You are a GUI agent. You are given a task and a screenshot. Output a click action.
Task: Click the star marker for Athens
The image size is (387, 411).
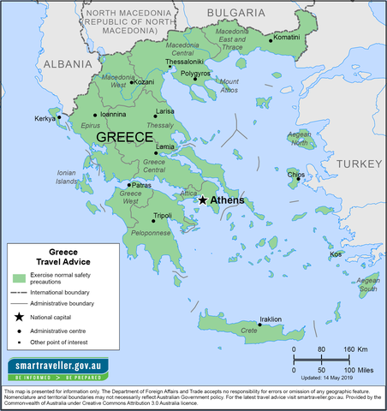click(202, 200)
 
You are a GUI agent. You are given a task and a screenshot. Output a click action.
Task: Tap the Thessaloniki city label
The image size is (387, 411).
click(184, 62)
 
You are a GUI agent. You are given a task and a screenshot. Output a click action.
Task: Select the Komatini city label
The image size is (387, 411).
click(286, 38)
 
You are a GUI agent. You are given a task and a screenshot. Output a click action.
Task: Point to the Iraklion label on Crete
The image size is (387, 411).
click(270, 319)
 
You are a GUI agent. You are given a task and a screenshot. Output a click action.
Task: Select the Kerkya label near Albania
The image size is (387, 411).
click(44, 118)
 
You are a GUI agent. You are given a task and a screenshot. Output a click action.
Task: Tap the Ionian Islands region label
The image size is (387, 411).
click(66, 177)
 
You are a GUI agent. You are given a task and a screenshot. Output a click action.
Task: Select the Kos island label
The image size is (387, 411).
click(336, 253)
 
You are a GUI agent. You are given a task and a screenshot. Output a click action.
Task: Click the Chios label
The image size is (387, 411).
click(295, 175)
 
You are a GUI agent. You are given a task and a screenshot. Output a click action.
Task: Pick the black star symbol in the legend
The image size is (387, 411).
click(18, 317)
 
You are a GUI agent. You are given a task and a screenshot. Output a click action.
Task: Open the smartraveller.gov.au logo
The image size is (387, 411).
click(58, 370)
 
